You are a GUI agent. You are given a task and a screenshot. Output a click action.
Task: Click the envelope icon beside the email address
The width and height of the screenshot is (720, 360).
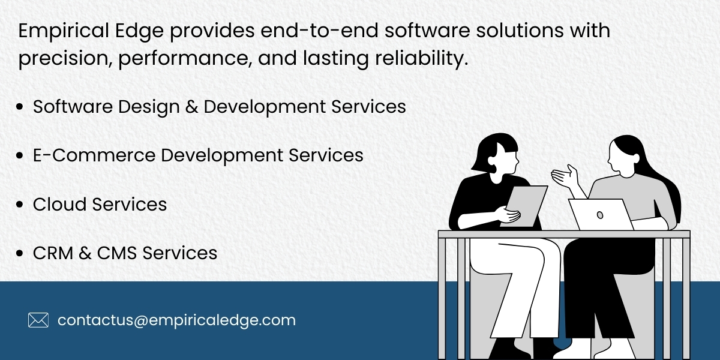(x=38, y=320)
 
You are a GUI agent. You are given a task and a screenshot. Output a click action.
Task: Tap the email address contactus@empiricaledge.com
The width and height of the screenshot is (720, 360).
(x=176, y=320)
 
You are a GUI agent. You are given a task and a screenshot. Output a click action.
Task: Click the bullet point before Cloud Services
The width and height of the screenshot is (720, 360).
(x=20, y=205)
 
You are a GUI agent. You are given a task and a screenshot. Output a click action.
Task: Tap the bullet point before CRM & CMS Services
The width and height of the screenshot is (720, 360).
(x=20, y=253)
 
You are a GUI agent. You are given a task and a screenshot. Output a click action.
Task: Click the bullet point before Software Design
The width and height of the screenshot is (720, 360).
(x=20, y=107)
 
